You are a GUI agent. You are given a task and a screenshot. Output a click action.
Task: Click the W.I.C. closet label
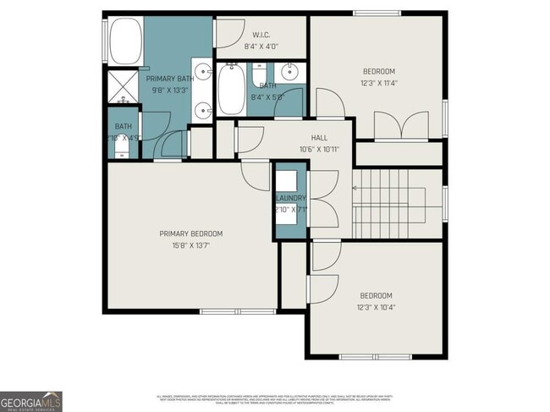coord(261,35)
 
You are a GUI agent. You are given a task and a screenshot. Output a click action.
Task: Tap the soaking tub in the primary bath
coord(125,40)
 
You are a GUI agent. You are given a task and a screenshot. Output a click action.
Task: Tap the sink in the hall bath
coord(289,70)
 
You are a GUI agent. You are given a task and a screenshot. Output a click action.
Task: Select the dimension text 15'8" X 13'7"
coord(190,245)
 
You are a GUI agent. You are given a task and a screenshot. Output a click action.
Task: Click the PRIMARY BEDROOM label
coord(190,233)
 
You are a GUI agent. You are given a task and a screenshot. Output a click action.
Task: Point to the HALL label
coord(319,137)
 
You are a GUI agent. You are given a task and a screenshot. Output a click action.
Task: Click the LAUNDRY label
coord(289,198)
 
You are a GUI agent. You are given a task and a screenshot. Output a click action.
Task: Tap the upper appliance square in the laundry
coord(288,180)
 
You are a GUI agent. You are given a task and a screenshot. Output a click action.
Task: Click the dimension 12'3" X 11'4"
coord(378,84)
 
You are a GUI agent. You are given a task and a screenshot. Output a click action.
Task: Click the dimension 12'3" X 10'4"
coord(377,307)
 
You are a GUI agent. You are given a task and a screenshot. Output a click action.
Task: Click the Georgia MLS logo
coord(31,401)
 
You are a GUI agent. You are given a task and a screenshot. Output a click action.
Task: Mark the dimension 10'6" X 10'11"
coord(319,149)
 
